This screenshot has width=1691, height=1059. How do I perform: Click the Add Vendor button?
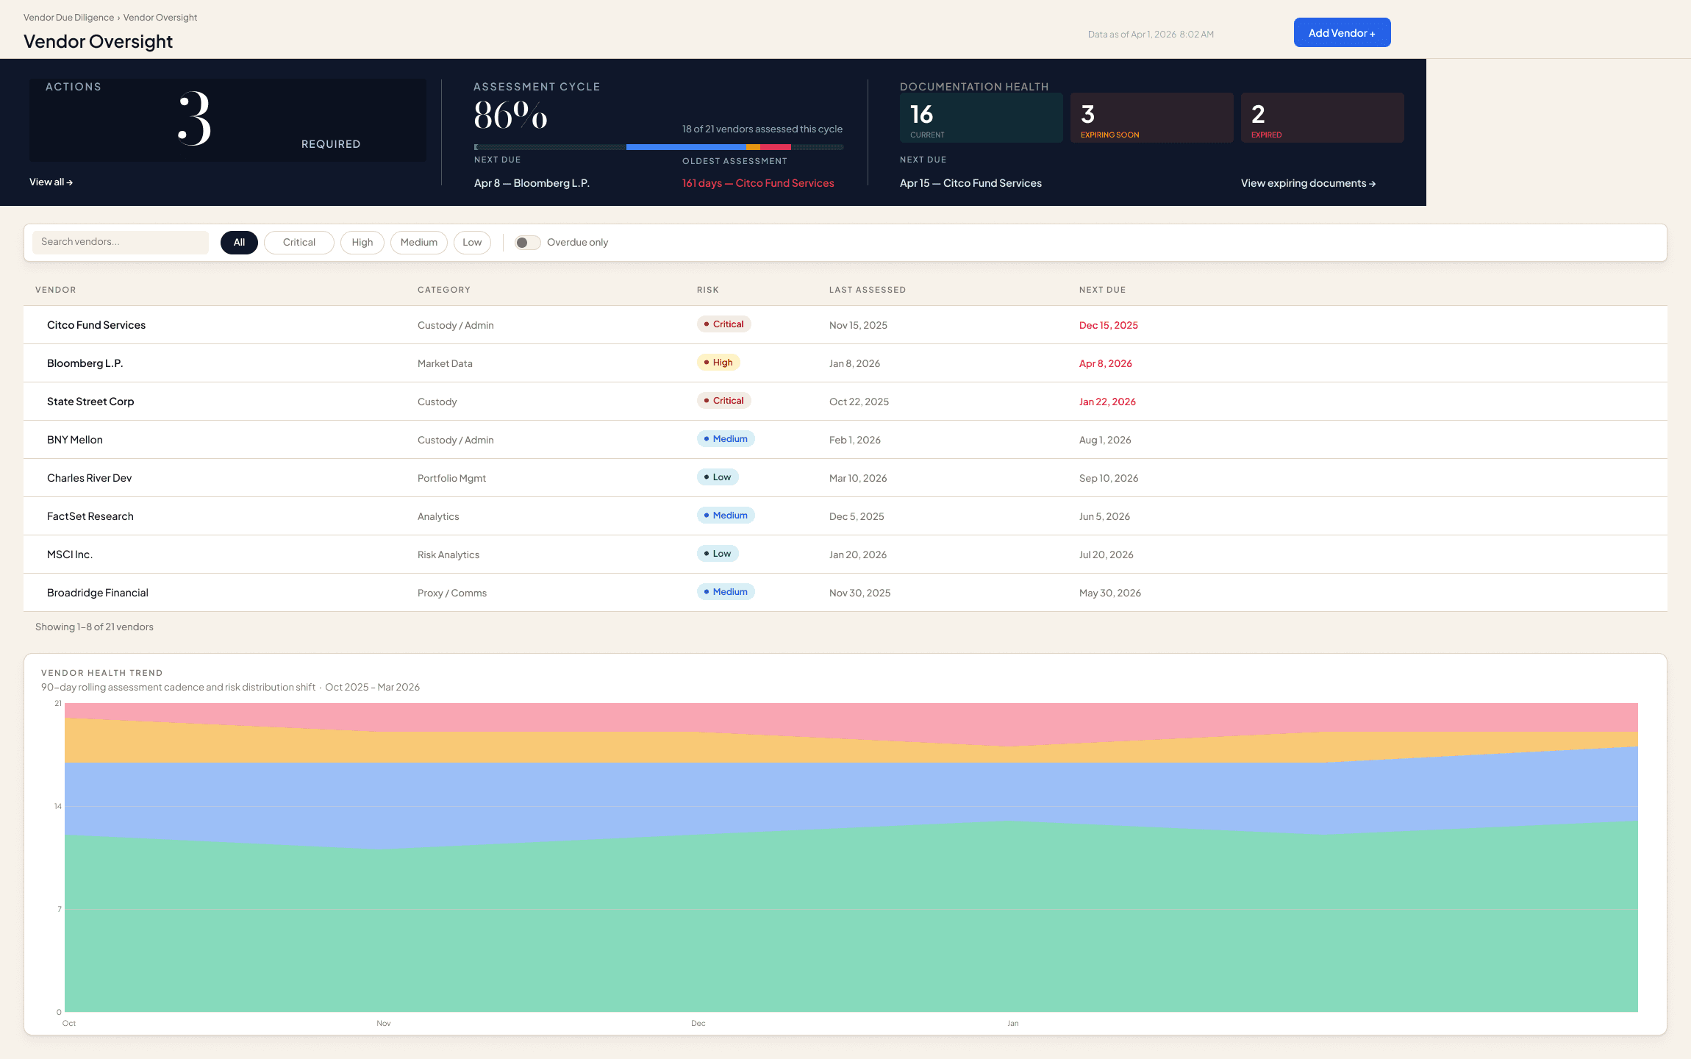pos(1342,33)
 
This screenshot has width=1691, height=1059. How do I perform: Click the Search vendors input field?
pos(121,242)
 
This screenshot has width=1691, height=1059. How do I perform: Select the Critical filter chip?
pos(298,243)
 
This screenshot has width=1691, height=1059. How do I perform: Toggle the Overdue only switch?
pos(527,243)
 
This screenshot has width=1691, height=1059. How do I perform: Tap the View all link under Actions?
pos(51,182)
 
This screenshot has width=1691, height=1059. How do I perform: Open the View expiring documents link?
pos(1308,183)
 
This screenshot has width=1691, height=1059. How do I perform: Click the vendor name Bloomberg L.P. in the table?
pos(85,363)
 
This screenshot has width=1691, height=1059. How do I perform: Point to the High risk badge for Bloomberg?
pos(718,363)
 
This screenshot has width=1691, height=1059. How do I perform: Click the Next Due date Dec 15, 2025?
pos(1108,325)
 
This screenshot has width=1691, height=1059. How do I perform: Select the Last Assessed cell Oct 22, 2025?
pos(859,402)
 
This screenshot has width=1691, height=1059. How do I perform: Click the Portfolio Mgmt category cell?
pos(451,478)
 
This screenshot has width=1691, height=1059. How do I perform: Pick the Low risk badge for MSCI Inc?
pos(718,554)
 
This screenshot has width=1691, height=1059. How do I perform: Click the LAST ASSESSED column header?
pos(867,290)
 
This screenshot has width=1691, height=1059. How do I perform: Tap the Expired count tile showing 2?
pos(1322,118)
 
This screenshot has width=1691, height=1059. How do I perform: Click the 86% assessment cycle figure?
pos(511,115)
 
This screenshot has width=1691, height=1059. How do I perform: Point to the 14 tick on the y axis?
pos(58,807)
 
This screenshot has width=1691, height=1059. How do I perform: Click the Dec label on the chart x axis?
pos(698,1023)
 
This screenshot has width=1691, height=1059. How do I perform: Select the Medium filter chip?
pos(418,243)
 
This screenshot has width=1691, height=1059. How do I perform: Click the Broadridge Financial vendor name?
pos(98,593)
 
